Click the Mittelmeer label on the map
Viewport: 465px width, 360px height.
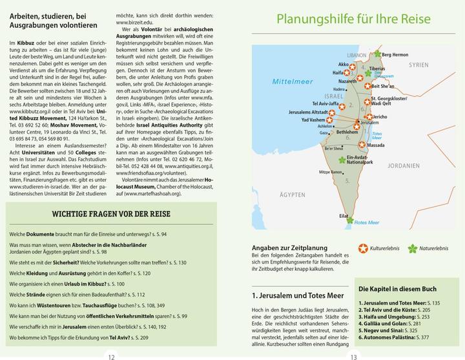click(293, 83)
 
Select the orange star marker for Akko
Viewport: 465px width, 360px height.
click(354, 65)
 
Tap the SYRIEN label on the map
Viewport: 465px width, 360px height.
click(418, 65)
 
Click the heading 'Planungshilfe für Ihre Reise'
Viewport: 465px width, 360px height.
click(353, 19)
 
